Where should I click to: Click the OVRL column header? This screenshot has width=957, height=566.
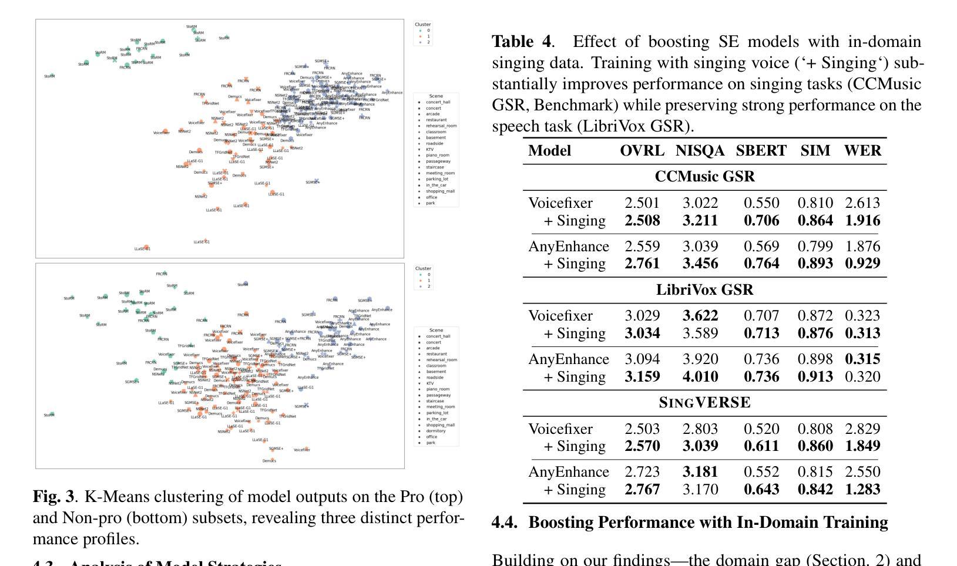(x=642, y=151)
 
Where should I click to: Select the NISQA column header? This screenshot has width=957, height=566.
(x=700, y=151)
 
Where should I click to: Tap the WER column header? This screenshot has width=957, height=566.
(x=862, y=151)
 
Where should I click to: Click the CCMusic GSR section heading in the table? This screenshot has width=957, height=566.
(x=704, y=177)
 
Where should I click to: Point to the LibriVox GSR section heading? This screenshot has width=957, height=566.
(x=704, y=290)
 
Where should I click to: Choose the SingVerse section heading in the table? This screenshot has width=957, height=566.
(x=704, y=403)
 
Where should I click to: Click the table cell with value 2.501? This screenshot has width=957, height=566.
(x=642, y=203)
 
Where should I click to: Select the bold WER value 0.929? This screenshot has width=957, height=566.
(x=862, y=264)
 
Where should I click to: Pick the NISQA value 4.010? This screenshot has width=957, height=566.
(x=700, y=377)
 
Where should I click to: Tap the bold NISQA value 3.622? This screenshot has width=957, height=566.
(x=700, y=316)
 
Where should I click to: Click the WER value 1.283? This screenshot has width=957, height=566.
(x=862, y=490)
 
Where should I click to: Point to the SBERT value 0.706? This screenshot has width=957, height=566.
(x=761, y=221)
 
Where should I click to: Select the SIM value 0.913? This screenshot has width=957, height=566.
(x=815, y=377)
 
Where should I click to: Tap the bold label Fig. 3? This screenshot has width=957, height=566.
(x=53, y=497)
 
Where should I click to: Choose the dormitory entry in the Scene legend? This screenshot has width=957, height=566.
(x=436, y=431)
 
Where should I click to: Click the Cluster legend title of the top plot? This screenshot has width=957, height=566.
(x=423, y=25)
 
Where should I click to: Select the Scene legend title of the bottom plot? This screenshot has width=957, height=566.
(x=436, y=331)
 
